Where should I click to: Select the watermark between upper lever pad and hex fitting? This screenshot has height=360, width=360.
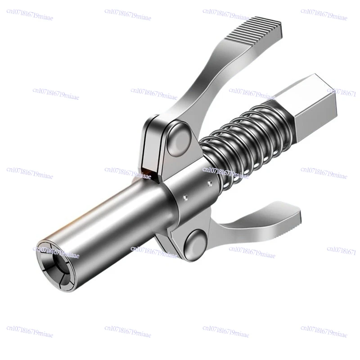pos(252,90)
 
